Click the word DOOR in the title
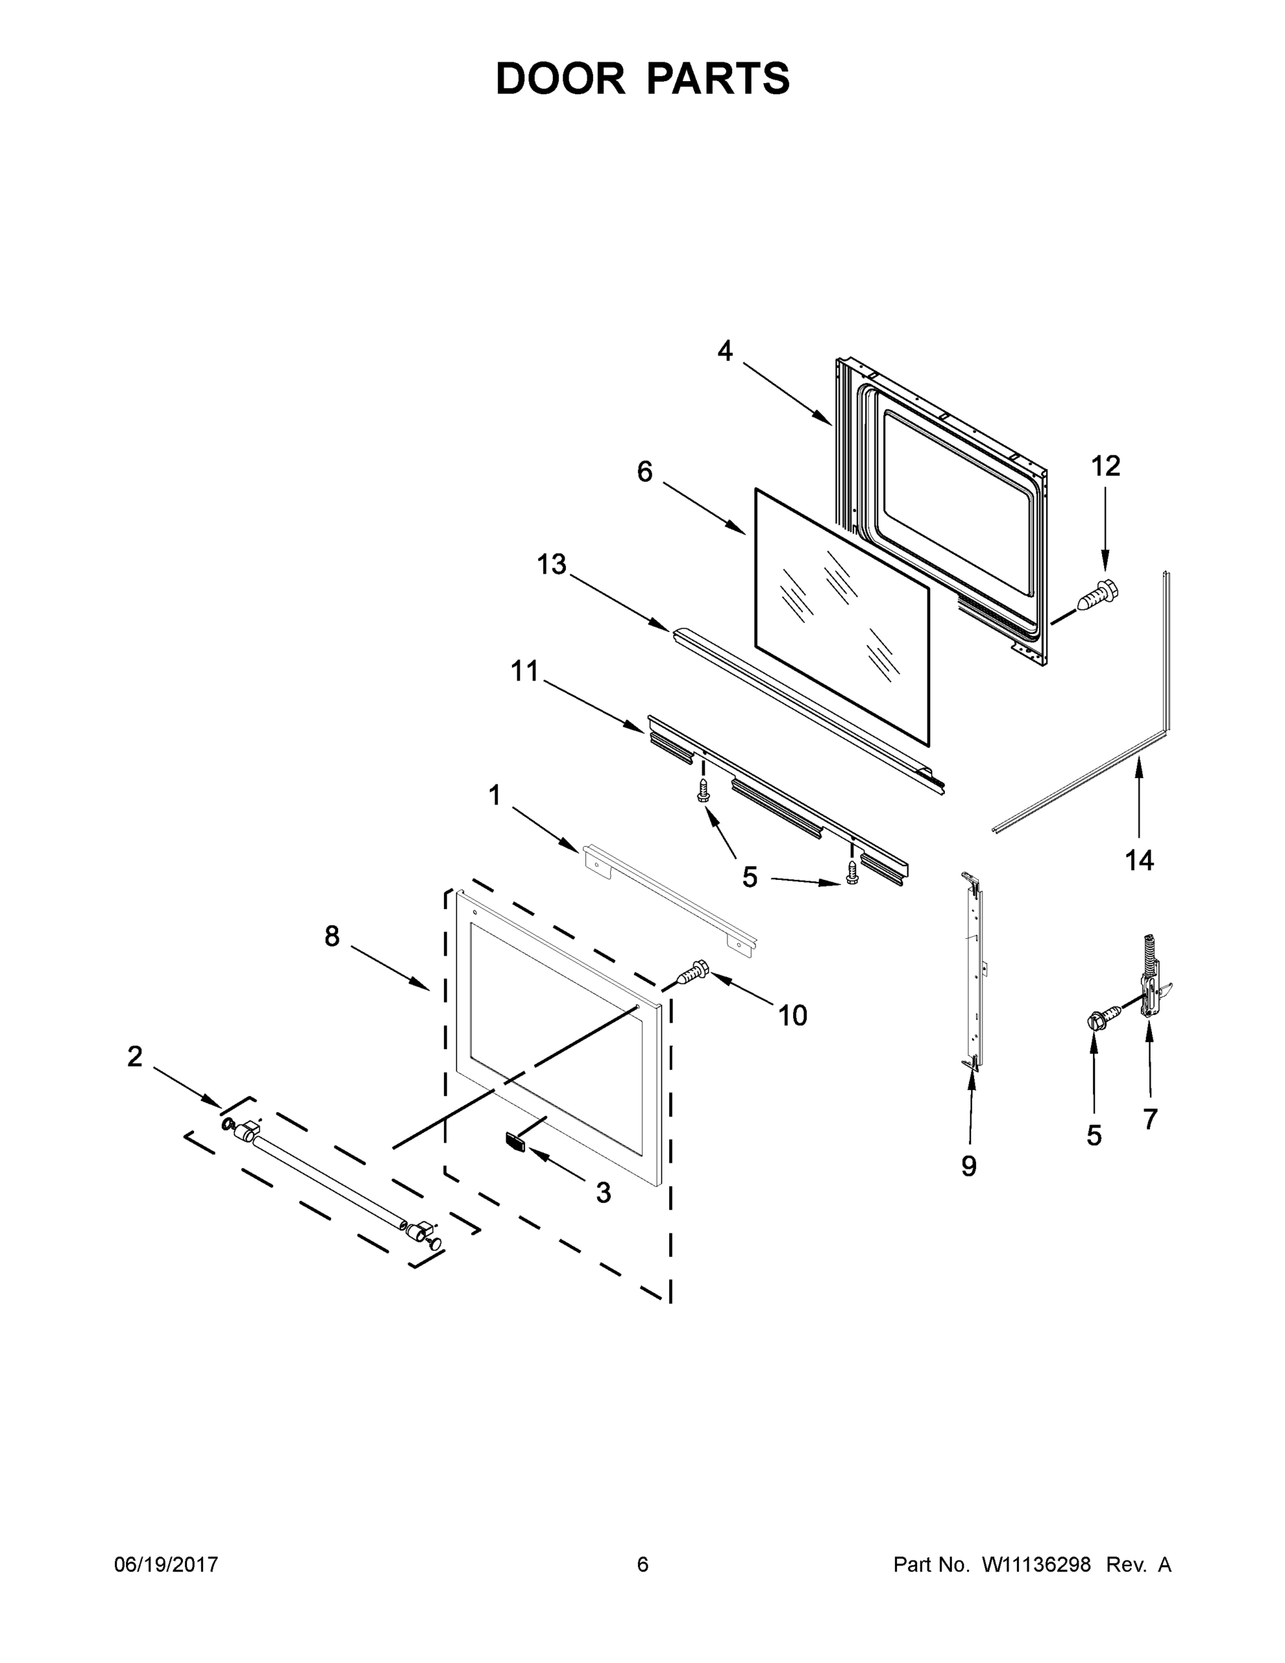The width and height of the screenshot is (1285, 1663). tap(560, 78)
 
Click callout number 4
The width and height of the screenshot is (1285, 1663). tap(725, 351)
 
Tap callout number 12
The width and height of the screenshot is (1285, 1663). tap(1106, 466)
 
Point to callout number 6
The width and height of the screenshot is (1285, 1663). tap(645, 472)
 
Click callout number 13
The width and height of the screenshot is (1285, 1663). tap(552, 564)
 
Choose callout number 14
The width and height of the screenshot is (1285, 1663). tap(1139, 861)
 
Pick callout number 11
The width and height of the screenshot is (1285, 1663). tap(524, 671)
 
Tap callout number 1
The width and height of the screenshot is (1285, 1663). tap(495, 795)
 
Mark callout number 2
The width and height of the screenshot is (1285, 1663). tap(135, 1056)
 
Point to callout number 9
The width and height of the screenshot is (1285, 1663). tap(968, 1165)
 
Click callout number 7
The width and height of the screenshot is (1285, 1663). tap(1149, 1118)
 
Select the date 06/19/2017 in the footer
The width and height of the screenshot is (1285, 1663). tap(166, 1565)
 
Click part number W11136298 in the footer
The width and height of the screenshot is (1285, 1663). tap(1036, 1565)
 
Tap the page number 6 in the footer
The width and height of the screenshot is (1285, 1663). tap(643, 1565)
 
